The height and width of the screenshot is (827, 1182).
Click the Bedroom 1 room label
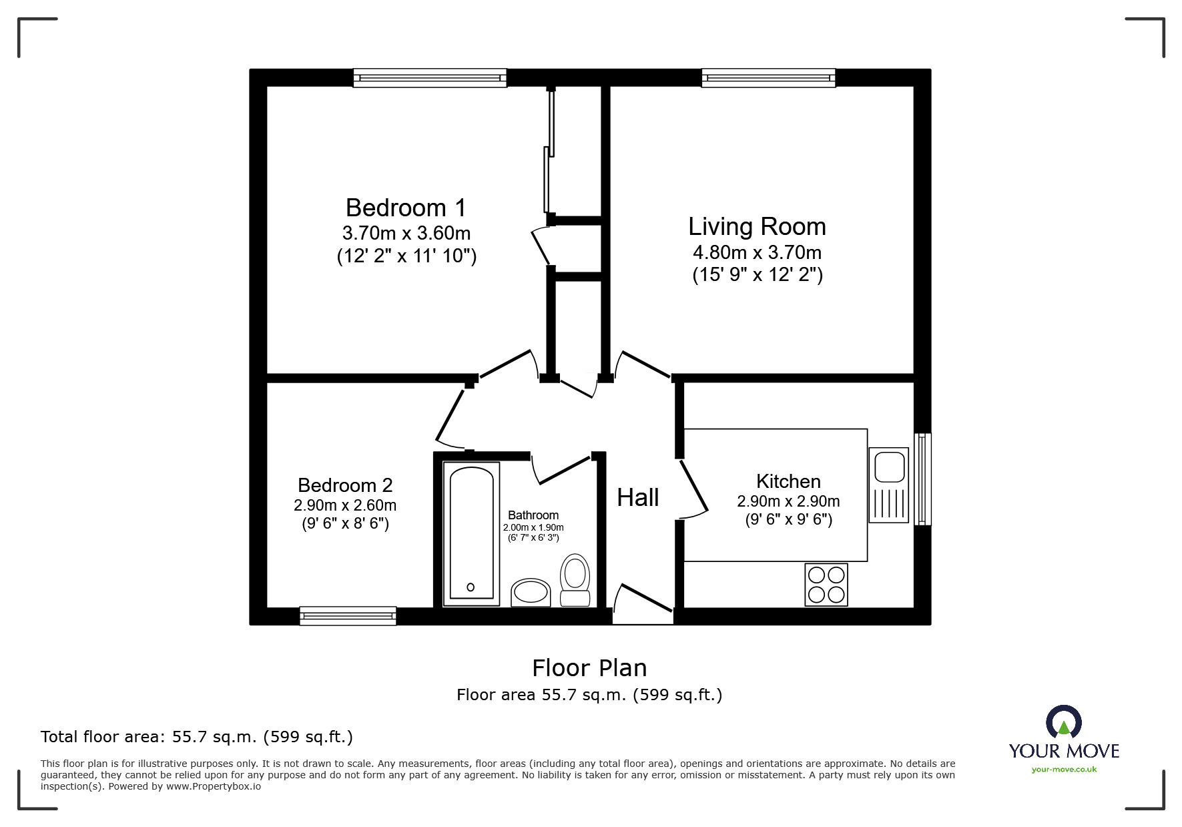(406, 208)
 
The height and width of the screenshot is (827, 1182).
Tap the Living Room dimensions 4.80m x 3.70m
(757, 252)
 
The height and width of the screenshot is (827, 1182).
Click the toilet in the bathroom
(575, 580)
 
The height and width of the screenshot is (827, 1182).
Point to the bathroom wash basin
(531, 592)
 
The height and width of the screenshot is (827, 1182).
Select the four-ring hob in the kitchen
(826, 584)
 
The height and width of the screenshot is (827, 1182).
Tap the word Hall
(637, 497)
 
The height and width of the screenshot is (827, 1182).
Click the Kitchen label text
(788, 481)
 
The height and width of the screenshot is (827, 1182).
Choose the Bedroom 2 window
(348, 615)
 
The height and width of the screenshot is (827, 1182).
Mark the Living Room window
(768, 78)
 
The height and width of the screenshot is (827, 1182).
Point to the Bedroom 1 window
(430, 78)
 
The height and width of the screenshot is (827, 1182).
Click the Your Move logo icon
(1063, 724)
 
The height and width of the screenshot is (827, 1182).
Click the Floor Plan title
(589, 667)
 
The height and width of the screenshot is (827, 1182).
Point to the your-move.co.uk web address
(1064, 770)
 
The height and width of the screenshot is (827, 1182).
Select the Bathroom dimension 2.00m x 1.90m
(533, 527)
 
